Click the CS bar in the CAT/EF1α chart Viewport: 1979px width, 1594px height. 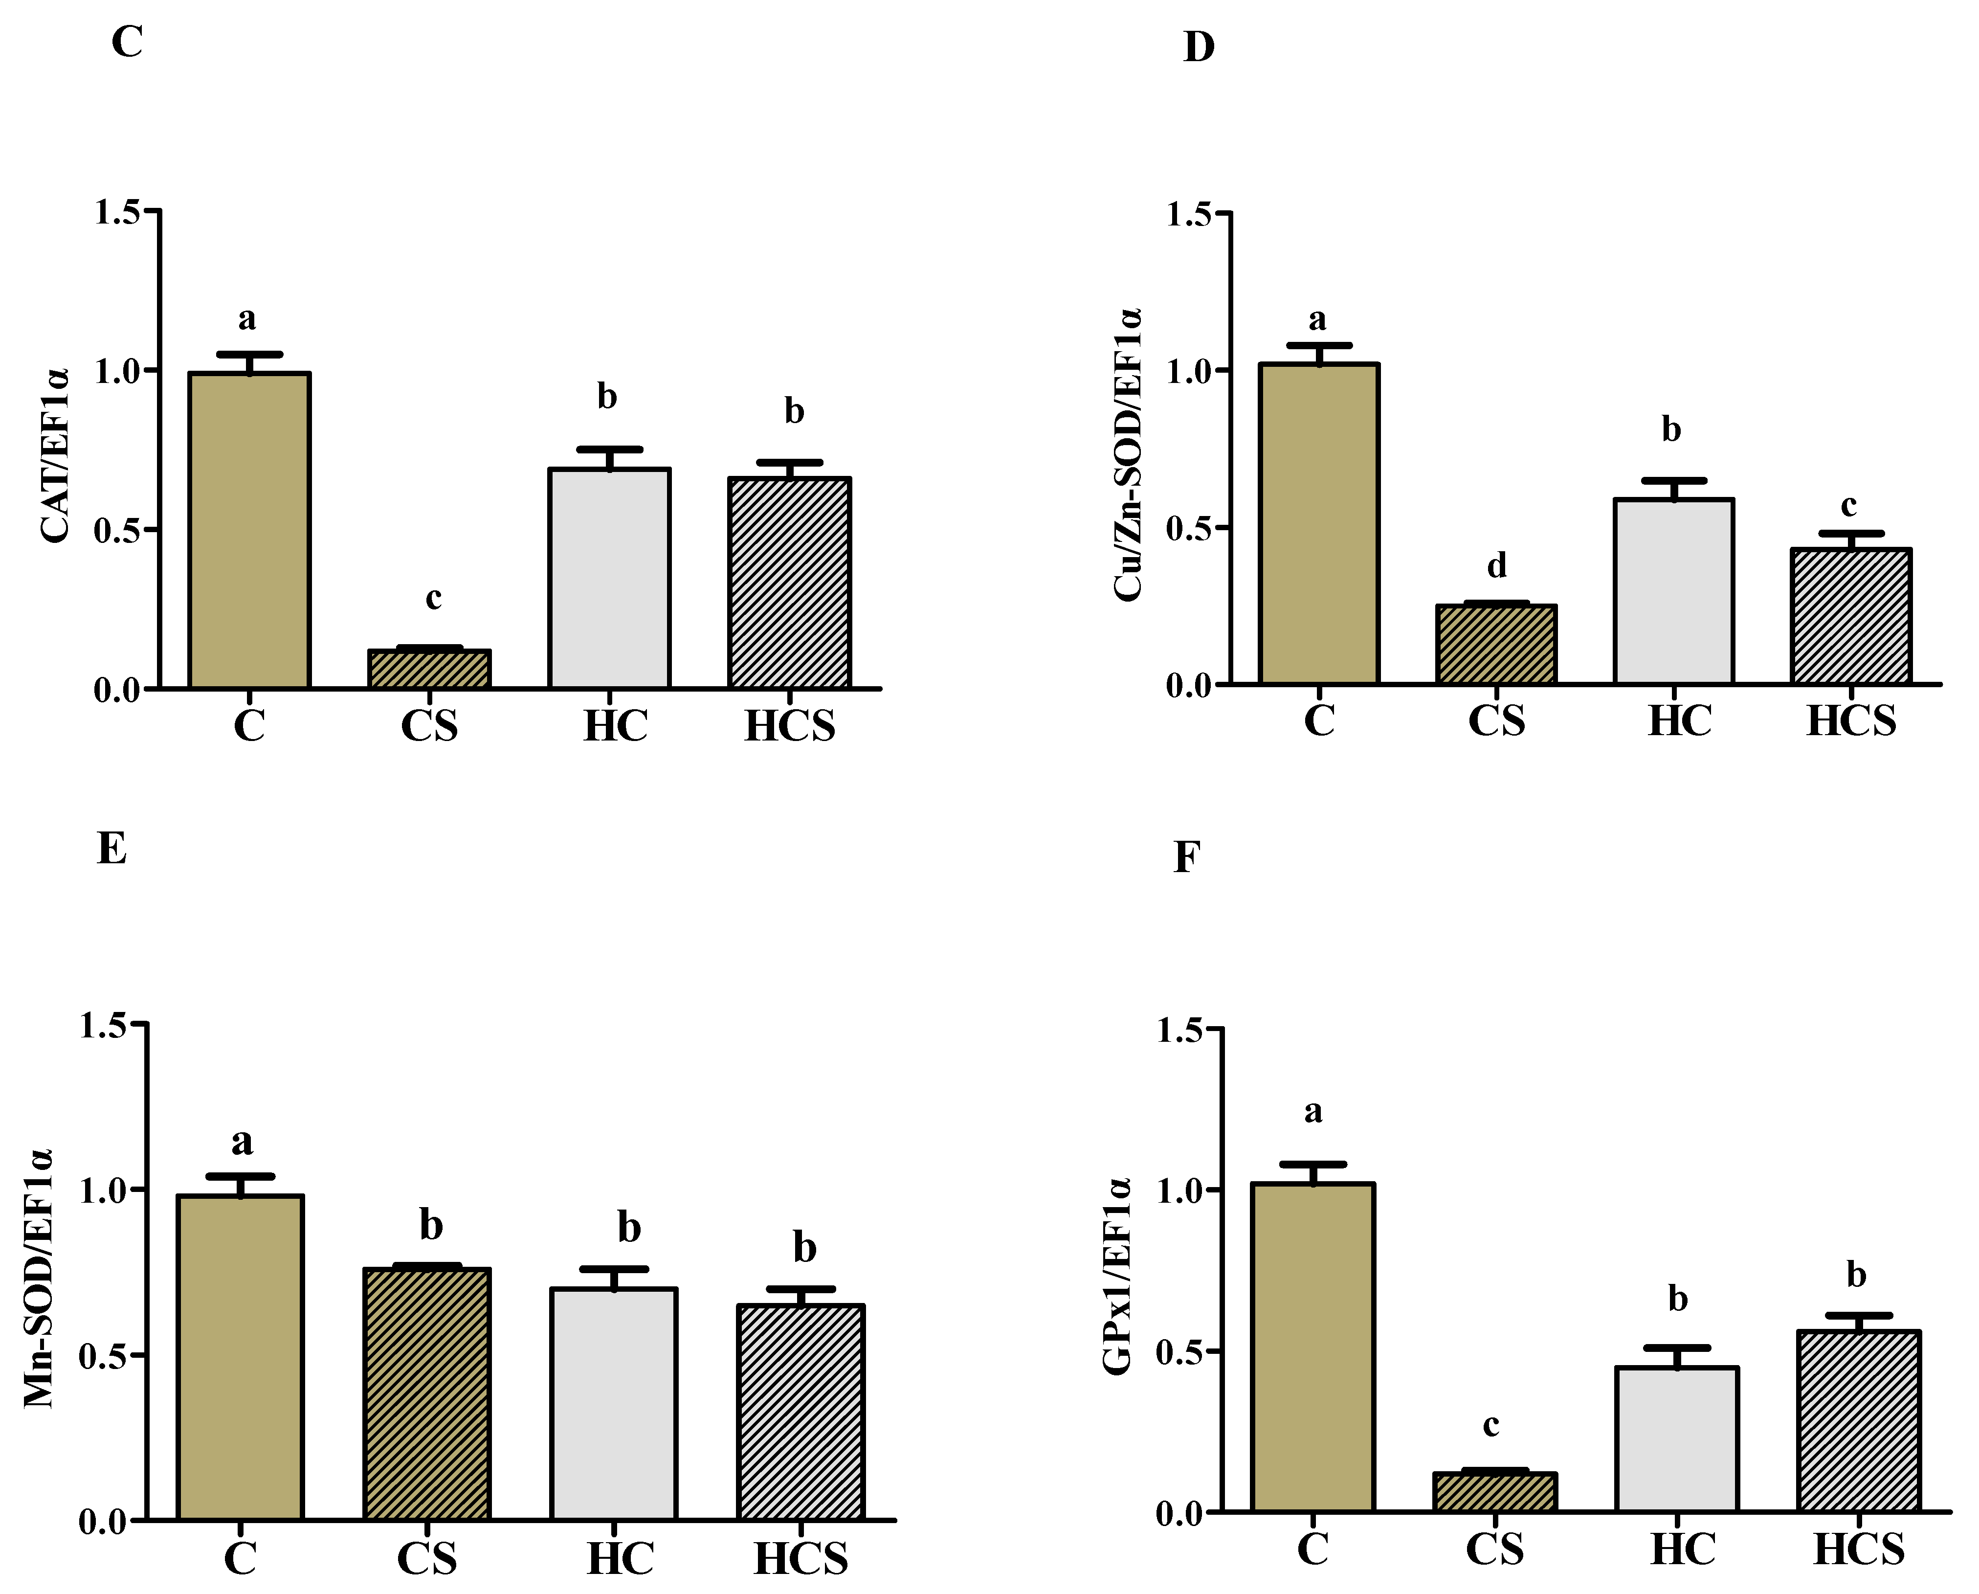tap(429, 670)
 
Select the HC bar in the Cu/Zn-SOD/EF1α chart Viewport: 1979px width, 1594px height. tap(1673, 592)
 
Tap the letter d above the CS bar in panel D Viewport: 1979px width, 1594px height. tap(1497, 565)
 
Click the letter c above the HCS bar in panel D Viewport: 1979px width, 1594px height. tap(1848, 505)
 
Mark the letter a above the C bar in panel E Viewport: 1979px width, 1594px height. tap(242, 1142)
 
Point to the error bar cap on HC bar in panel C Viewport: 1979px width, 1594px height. tap(609, 450)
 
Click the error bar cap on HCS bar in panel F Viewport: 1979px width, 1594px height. tap(1859, 1316)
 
